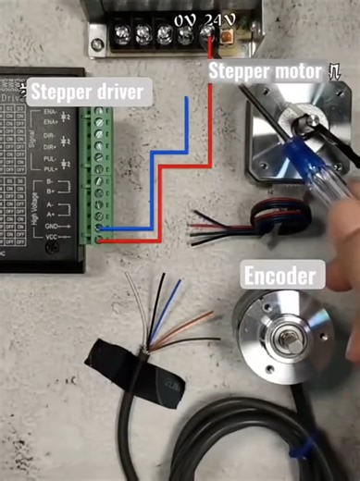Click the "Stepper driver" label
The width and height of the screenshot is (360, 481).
(88, 92)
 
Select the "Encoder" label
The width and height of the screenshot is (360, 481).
(280, 275)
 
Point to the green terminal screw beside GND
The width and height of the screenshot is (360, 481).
(99, 227)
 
